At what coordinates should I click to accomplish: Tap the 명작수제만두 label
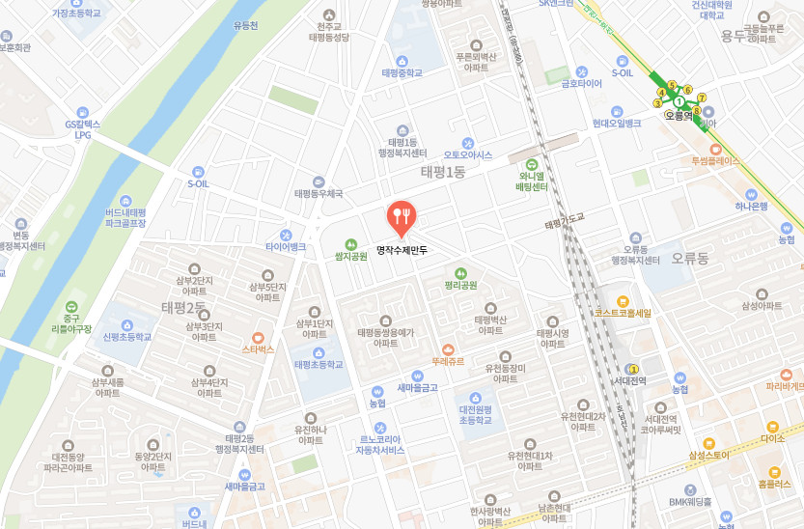tap(402, 250)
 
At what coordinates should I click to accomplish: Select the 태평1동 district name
tap(443, 171)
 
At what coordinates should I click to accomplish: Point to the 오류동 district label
tap(690, 258)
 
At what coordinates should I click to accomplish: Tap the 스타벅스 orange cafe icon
tap(259, 337)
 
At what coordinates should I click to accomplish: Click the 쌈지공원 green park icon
tap(351, 244)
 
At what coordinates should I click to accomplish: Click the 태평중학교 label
tap(402, 72)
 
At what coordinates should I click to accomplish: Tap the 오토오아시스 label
tap(467, 154)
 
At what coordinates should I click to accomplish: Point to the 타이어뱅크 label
tap(286, 247)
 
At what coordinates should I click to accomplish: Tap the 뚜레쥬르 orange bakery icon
tap(448, 349)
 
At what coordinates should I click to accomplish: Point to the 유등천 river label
tap(246, 25)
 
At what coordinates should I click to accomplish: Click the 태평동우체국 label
tap(319, 193)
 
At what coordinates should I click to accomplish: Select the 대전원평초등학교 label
tap(475, 415)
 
